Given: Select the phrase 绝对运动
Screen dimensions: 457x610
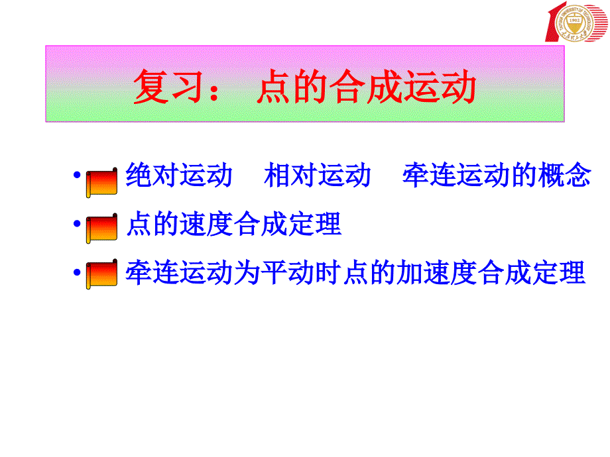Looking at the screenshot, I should pyautogui.click(x=179, y=176).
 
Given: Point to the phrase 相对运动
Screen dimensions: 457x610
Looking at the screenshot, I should pyautogui.click(x=317, y=176).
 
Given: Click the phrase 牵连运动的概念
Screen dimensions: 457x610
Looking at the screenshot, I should pyautogui.click(x=496, y=176).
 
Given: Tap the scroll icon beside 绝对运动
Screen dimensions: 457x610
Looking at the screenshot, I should pyautogui.click(x=102, y=181).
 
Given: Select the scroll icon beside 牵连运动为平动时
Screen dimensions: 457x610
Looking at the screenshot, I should pyautogui.click(x=102, y=276).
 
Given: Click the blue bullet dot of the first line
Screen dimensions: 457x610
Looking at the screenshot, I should pyautogui.click(x=78, y=178).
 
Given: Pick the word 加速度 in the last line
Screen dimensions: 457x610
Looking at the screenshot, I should pyautogui.click(x=424, y=272).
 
